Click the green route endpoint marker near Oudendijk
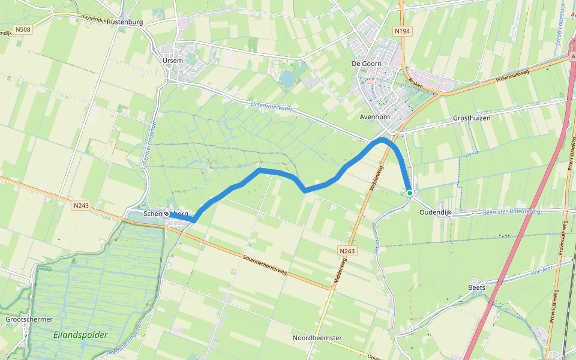coord(410,193)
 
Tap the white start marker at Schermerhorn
coord(166,214)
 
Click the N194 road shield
coord(401,30)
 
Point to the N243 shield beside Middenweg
coord(347,251)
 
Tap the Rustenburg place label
coord(125,22)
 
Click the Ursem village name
coord(173,61)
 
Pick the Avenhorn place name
coord(376,117)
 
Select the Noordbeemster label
coord(317,338)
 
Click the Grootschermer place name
coord(29,320)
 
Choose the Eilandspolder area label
coord(80,335)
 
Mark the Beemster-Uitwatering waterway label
coord(511,212)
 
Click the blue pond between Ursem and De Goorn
coord(287,79)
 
